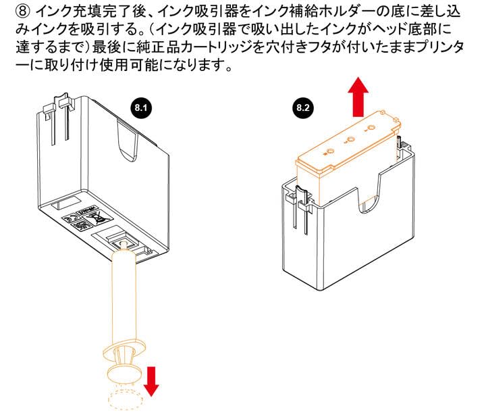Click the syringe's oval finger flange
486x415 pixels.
[122, 347]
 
